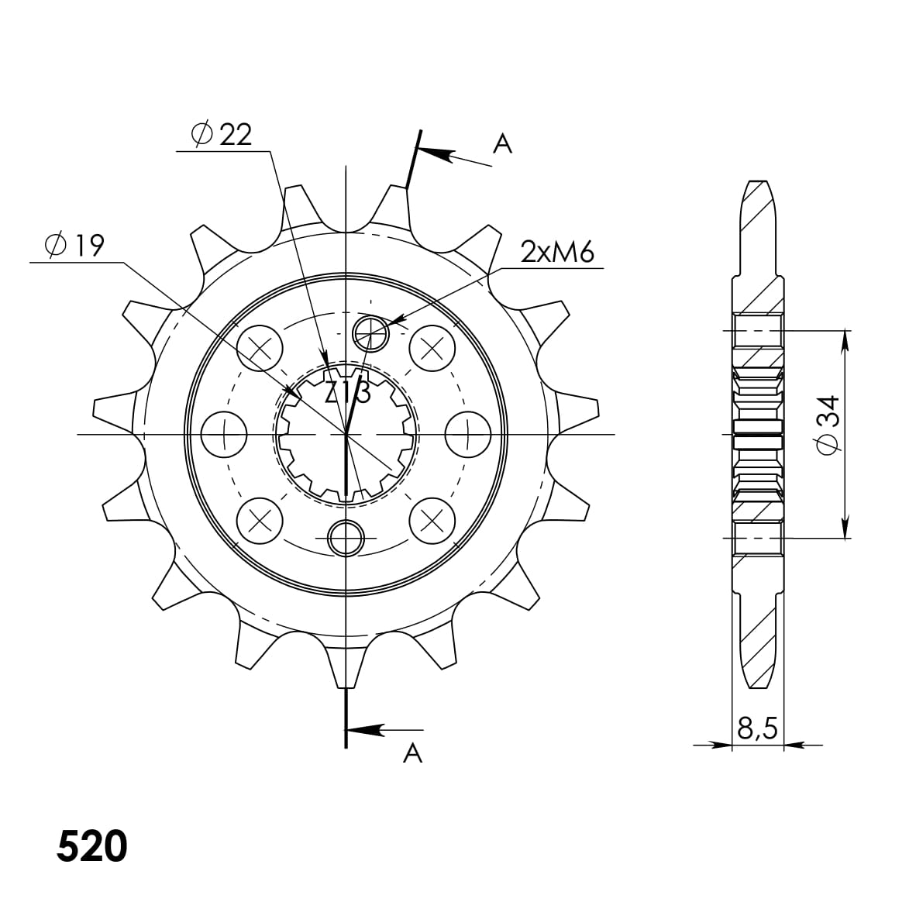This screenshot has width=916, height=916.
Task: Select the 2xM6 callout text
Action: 557,253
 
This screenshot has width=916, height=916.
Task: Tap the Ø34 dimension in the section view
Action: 827,423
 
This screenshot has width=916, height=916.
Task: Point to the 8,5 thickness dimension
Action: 757,729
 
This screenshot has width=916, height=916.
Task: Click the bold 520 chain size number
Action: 91,847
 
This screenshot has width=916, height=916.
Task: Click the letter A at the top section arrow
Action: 503,143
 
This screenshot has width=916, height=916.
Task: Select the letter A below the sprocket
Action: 413,752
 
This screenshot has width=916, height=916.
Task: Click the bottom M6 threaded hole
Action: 346,537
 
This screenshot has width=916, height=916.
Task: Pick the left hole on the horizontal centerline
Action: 224,434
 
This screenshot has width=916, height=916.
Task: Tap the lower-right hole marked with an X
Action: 432,520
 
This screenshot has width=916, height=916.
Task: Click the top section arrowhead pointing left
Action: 436,154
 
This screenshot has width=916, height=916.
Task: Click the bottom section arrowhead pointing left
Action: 367,730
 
